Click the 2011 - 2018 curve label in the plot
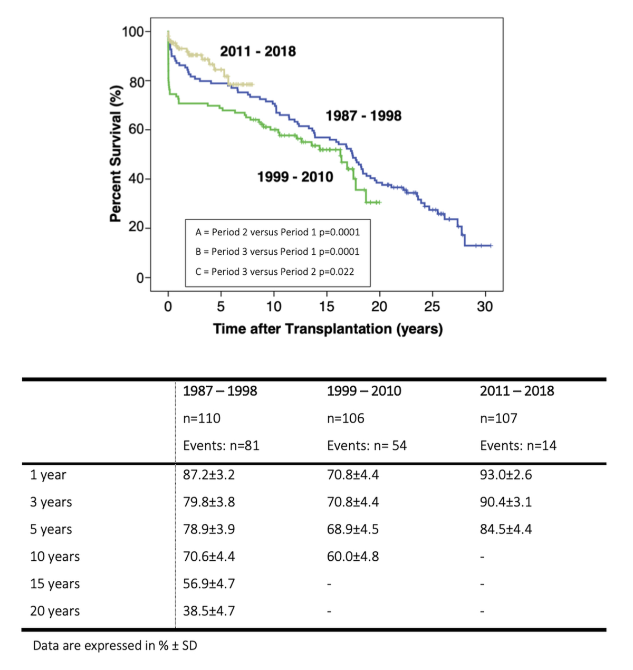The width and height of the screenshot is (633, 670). [257, 51]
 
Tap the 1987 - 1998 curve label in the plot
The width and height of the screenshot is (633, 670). [363, 116]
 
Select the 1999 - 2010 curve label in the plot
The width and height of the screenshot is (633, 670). [295, 176]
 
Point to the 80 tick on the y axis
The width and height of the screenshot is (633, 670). [137, 81]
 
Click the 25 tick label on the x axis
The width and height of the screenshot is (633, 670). [432, 307]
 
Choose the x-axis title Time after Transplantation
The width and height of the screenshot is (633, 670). [328, 329]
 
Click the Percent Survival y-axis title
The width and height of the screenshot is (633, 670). [116, 154]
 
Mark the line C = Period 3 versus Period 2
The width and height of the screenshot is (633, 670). [274, 272]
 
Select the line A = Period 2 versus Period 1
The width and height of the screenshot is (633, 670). [277, 232]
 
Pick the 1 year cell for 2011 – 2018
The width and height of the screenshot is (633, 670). [505, 475]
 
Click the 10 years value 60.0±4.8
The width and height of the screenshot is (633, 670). [352, 557]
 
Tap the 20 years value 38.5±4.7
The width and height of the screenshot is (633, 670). [209, 611]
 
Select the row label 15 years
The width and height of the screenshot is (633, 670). [55, 584]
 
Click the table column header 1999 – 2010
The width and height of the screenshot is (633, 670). [363, 391]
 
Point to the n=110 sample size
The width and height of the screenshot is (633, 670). [202, 418]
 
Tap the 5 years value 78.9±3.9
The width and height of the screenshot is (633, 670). [209, 529]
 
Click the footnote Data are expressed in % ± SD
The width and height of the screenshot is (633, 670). [115, 645]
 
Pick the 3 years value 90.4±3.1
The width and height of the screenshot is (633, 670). [505, 502]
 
